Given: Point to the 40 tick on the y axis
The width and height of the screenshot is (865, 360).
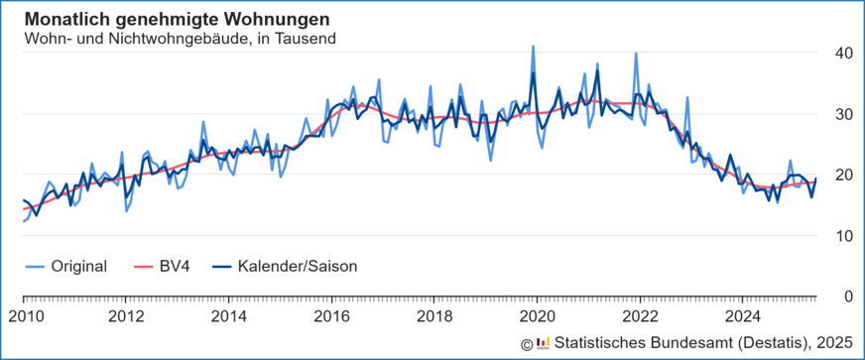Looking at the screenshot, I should point(841,53).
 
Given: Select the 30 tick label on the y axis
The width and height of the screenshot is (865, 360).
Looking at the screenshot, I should point(841,114).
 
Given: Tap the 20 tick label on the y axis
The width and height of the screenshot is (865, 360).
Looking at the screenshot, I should point(841,175).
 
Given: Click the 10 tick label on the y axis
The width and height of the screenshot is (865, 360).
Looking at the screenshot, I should point(841,236).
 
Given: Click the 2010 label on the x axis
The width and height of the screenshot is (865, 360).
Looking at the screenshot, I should point(24,317).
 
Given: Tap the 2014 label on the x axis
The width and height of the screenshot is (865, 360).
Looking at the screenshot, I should point(229,317).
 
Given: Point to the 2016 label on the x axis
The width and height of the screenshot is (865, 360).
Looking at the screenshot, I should point(331,317).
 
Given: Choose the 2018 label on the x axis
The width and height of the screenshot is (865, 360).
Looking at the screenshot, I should point(434,317).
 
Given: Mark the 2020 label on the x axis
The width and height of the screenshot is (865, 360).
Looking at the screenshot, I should point(537,317).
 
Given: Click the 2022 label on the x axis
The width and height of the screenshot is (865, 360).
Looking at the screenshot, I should point(640,317).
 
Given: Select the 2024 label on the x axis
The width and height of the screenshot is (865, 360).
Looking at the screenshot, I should point(742,317).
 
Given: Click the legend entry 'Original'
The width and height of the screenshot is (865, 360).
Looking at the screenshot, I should point(78,266).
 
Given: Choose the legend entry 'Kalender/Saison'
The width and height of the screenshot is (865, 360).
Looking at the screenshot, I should point(297,266).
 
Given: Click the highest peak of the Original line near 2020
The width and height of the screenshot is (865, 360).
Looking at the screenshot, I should point(534,47).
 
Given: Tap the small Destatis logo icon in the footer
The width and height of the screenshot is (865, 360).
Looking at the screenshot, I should point(543,343).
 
